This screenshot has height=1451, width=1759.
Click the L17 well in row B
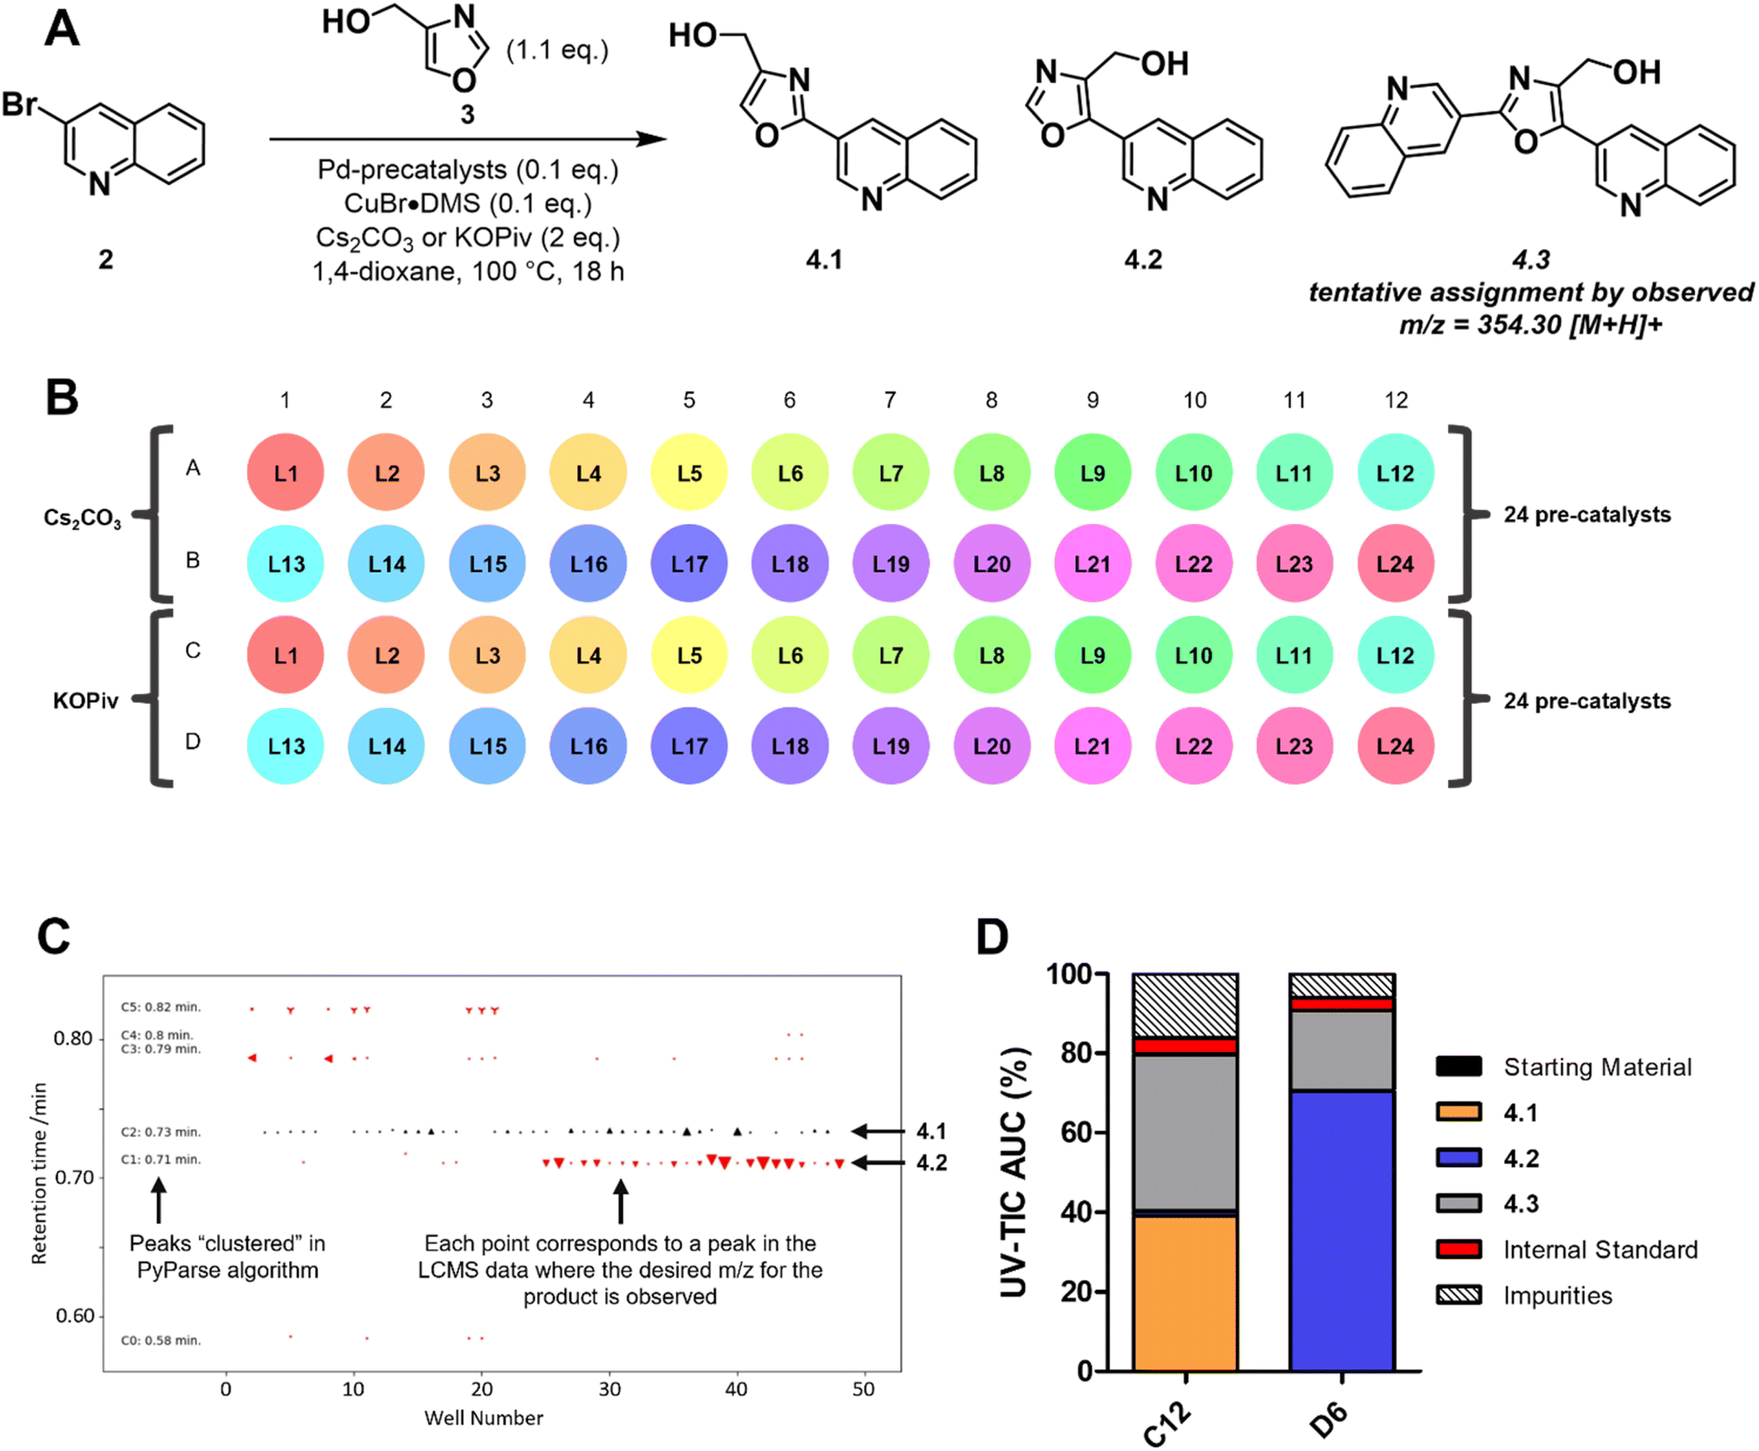[x=689, y=563]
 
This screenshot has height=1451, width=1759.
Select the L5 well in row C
[x=689, y=655]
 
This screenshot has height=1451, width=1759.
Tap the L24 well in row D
[x=1395, y=746]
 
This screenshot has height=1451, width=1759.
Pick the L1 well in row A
[x=286, y=472]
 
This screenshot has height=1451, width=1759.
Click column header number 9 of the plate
[x=1091, y=400]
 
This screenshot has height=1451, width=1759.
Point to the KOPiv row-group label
[x=85, y=701]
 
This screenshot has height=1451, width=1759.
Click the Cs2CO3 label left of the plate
[x=82, y=518]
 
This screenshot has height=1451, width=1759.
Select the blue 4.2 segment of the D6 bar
[x=1341, y=1227]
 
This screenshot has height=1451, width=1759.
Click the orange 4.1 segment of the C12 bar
[x=1184, y=1292]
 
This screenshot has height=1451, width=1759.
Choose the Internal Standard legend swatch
[x=1459, y=1249]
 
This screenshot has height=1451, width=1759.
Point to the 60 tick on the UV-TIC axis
[x=1076, y=1132]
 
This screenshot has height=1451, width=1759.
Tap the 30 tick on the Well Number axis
[x=610, y=1389]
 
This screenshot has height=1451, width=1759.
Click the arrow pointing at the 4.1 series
[x=879, y=1131]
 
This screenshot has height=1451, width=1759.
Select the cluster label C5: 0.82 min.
[x=161, y=1007]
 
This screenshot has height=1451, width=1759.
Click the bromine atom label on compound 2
[x=19, y=104]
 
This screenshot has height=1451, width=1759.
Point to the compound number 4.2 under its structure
[x=1143, y=259]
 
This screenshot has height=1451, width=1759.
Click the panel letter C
[x=53, y=936]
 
